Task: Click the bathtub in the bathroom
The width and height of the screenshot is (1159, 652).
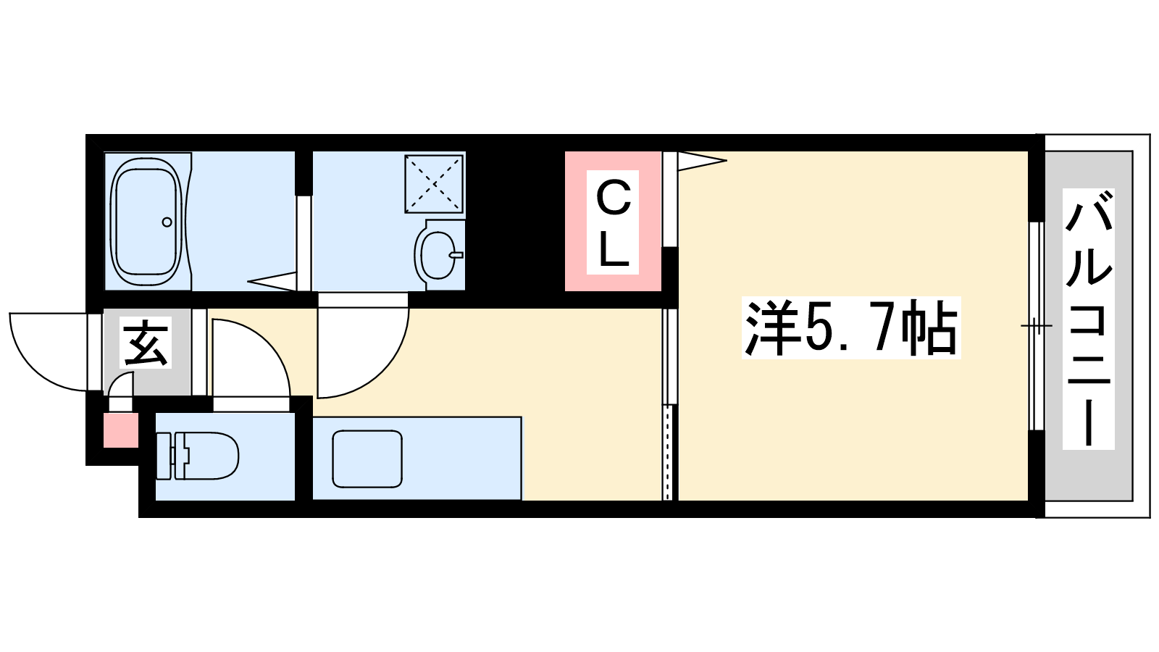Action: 148,221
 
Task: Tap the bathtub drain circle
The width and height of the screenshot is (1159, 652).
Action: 167,222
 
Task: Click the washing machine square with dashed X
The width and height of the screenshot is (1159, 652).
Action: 434,183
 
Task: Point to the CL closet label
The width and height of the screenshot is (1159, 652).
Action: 613,222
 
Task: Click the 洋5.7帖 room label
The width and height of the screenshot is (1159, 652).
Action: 851,327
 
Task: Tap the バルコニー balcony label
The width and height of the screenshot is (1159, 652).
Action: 1089,319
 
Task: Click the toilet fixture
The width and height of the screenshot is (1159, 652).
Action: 197,456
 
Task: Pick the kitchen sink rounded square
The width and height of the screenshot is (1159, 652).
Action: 367,459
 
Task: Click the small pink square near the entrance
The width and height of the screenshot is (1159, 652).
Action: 121,430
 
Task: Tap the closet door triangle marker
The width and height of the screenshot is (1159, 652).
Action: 702,160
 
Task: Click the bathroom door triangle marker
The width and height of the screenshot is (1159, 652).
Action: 272,281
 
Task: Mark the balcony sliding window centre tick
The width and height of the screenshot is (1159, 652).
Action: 1037,325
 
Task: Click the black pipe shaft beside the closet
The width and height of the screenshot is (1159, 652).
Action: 515,221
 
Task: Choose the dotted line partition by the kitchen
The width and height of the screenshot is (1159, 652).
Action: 669,453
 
